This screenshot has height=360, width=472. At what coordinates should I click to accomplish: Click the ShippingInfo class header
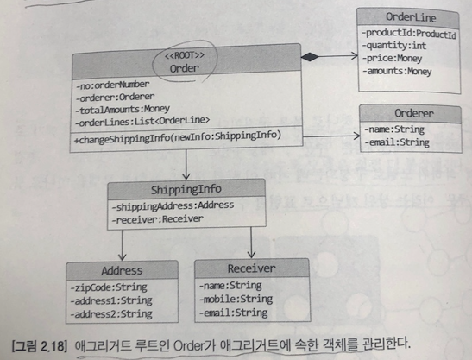186,191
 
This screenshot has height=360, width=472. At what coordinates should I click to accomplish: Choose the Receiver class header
250,268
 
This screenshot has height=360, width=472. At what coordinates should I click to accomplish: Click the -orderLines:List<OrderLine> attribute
142,121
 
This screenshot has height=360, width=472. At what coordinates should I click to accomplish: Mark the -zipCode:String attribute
103,285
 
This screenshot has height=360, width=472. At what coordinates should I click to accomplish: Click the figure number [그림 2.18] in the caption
36,339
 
